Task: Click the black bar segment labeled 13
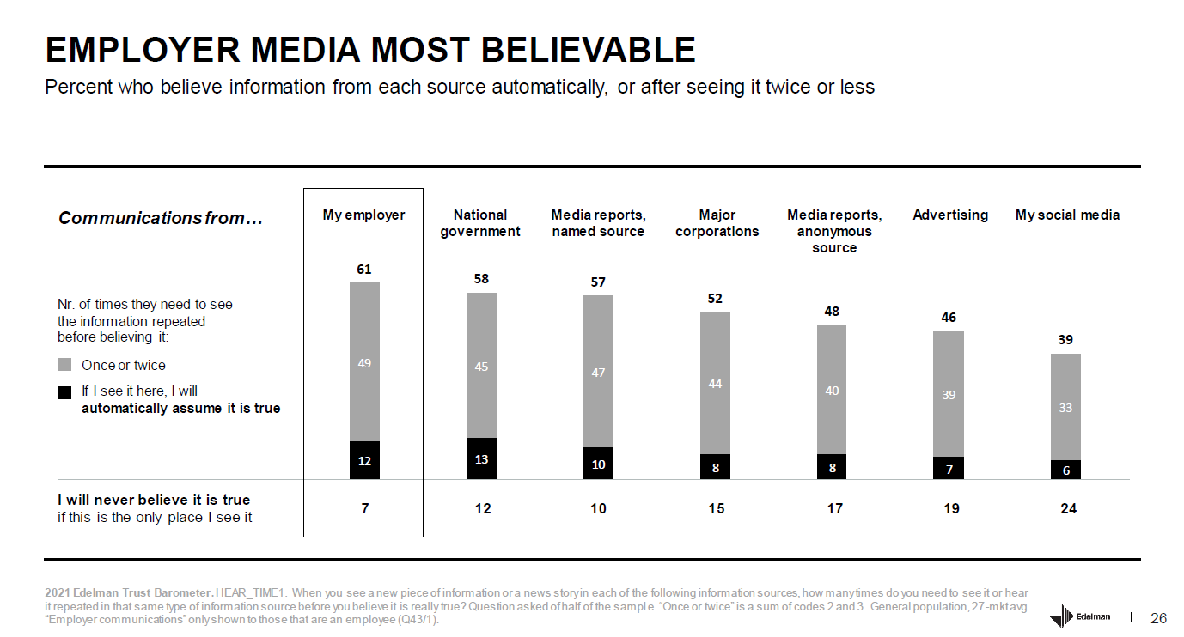(x=481, y=458)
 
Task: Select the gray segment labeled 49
(x=364, y=361)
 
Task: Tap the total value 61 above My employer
(x=364, y=270)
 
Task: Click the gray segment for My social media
(x=1065, y=406)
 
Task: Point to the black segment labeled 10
(x=598, y=463)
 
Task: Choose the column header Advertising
(x=950, y=215)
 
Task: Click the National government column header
(x=480, y=223)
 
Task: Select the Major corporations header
(x=717, y=223)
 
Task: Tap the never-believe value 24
(x=1068, y=508)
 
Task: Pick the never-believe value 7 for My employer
(x=365, y=508)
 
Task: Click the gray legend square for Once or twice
(x=65, y=365)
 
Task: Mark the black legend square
(x=65, y=391)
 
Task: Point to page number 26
(x=1158, y=618)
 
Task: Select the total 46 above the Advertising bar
(x=949, y=317)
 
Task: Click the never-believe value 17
(x=834, y=508)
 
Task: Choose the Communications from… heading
(x=160, y=218)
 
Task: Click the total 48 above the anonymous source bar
(x=832, y=311)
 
